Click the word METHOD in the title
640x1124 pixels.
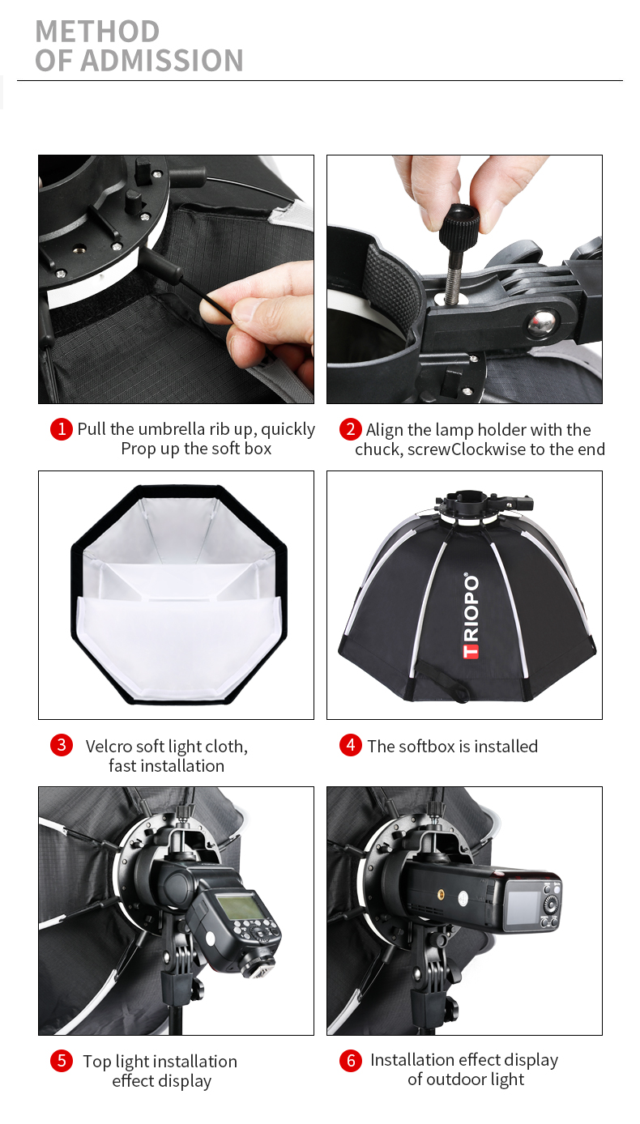[x=97, y=32]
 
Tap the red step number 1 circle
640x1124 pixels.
[x=62, y=428]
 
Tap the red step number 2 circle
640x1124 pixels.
[x=350, y=428]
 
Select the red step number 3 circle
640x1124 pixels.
[x=62, y=745]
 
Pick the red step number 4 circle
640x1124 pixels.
[x=350, y=745]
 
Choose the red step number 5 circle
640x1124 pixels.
[x=62, y=1061]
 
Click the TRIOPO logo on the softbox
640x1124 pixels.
[x=471, y=615]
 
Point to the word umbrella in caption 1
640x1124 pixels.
[x=173, y=429]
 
